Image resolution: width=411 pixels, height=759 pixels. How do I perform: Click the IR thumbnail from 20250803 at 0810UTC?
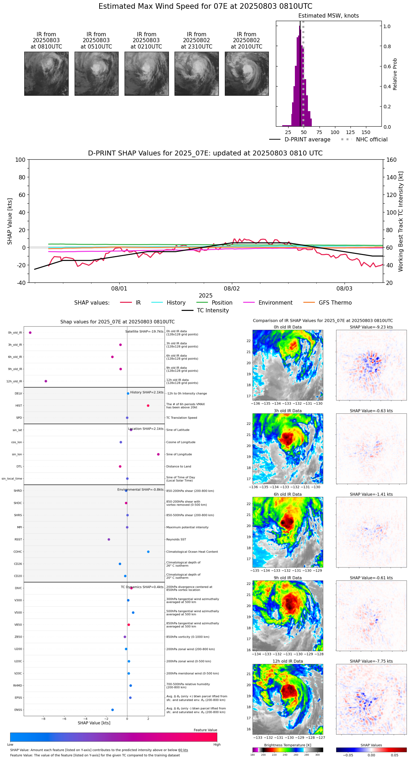pos(46,74)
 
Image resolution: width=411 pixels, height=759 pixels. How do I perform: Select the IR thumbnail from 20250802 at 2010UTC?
pos(247,74)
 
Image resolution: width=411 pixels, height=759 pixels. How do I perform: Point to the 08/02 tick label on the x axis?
pos(232,289)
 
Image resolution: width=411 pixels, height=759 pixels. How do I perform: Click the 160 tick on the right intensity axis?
pos(391,160)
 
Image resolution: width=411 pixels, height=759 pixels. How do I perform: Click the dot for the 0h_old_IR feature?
pos(30,333)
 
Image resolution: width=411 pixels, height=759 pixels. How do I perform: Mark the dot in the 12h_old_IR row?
pos(46,381)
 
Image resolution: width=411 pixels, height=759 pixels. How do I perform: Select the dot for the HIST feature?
pos(148,406)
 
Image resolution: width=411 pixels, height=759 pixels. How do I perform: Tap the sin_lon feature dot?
pos(158,454)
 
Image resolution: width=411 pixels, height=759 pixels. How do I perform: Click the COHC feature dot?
pos(148,552)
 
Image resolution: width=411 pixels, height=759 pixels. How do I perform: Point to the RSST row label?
pos(18,540)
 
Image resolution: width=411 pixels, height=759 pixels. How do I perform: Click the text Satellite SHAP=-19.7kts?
pos(144,331)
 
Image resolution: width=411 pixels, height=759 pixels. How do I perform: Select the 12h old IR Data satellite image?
pos(288,699)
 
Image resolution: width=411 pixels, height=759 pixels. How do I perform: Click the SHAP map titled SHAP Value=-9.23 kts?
pos(371,365)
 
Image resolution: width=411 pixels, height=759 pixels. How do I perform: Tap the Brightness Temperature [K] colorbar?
pos(288,750)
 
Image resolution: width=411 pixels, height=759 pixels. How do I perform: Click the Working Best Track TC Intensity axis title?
pos(401,222)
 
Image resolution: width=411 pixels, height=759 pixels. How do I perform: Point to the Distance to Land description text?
pos(179,466)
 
